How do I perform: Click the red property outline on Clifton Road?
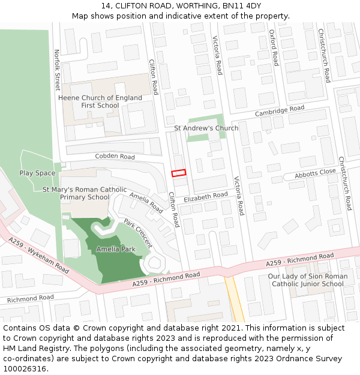point(179,173)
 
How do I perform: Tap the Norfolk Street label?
point(58,70)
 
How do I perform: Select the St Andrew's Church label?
point(206,128)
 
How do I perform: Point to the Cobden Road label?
point(115,157)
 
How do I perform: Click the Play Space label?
point(37,173)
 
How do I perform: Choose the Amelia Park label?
point(116,249)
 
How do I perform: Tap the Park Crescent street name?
point(138,233)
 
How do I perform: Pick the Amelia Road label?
point(146,203)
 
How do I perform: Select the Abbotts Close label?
point(315,173)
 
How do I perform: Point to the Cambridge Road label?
point(280,111)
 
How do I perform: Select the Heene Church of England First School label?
point(100,101)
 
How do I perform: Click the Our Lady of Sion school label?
point(307,280)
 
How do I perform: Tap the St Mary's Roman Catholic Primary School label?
point(85,193)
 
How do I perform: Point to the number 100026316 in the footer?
point(24,368)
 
